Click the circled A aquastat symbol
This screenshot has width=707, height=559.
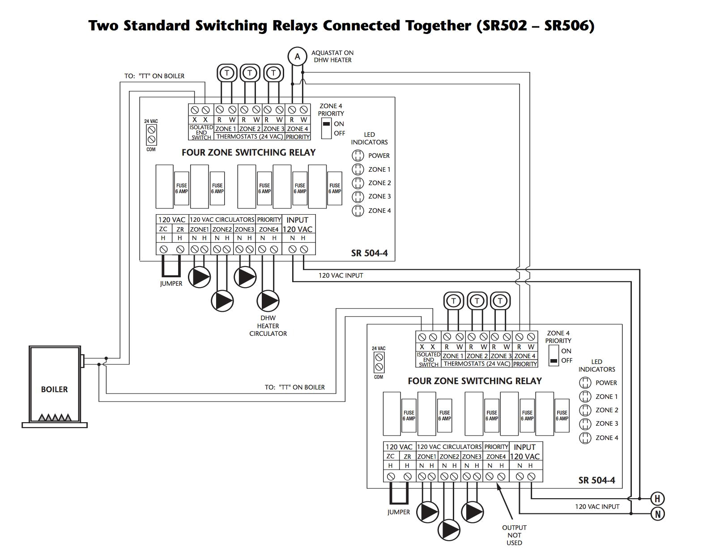[x=297, y=57]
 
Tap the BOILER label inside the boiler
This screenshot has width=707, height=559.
[x=54, y=389]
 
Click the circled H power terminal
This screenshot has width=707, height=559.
[x=657, y=499]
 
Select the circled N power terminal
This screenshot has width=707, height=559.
[x=657, y=514]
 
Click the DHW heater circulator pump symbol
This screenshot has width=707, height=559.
[x=268, y=301]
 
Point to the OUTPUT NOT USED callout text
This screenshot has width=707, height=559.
[x=514, y=535]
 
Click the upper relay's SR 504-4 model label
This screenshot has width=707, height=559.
[x=369, y=253]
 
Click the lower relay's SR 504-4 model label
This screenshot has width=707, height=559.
[x=596, y=480]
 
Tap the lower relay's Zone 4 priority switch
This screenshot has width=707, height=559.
[x=554, y=356]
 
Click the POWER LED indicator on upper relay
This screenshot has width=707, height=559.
[x=358, y=156]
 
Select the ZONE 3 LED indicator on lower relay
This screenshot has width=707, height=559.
[x=585, y=423]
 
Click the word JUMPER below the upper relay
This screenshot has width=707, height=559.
[x=171, y=284]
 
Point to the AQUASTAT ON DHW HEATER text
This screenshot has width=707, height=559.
[x=332, y=56]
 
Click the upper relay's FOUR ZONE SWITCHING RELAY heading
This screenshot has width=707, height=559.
[x=248, y=152]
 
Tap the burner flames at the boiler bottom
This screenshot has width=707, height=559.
[x=55, y=418]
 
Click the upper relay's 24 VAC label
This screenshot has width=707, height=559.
[x=151, y=121]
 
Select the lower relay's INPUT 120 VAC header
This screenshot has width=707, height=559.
[x=524, y=452]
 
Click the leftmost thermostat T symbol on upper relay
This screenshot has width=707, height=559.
[x=227, y=73]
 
